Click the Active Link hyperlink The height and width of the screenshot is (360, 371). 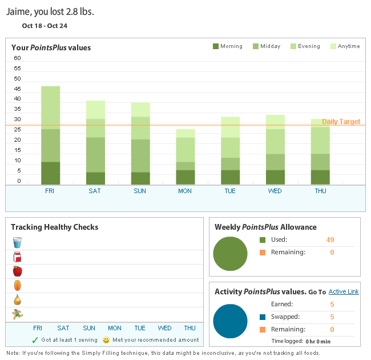tap(344, 291)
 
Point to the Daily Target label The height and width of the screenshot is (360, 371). tap(341, 122)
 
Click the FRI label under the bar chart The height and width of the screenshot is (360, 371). tap(50, 191)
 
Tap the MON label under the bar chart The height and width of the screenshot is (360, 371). tap(185, 191)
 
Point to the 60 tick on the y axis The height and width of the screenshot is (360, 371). tap(17, 58)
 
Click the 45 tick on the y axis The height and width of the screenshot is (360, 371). tap(17, 89)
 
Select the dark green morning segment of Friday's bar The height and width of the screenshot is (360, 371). tap(50, 173)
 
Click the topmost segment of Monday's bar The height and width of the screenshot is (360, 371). tap(185, 133)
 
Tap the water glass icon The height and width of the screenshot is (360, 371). tap(17, 243)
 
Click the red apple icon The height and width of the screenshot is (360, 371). tap(17, 271)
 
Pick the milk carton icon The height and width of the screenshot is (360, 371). tap(17, 257)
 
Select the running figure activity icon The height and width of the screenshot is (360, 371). tap(17, 314)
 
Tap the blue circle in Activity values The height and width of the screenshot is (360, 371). tap(230, 321)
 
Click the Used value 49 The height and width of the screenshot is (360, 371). tap(330, 239)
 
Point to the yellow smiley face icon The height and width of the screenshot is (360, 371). tap(106, 340)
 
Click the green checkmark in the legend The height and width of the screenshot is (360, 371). tap(35, 340)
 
